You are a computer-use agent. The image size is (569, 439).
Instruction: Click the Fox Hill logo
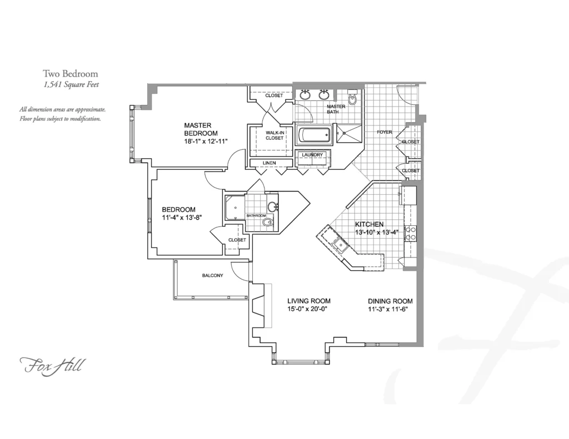tap(51, 365)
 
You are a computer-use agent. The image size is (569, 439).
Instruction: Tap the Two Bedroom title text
tap(71, 74)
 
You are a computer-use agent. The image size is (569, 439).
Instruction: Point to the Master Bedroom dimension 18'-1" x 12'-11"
tap(206, 142)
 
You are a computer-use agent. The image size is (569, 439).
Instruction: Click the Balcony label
tap(213, 275)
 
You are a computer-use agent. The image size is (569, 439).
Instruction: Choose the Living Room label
tap(309, 301)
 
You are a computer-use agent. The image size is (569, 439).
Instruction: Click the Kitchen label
tap(369, 224)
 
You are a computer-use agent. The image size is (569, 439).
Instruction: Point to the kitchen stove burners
tap(411, 233)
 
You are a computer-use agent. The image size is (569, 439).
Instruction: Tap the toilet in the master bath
tap(352, 97)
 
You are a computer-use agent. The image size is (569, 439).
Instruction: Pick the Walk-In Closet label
tap(274, 135)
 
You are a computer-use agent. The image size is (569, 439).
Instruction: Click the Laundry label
tap(312, 155)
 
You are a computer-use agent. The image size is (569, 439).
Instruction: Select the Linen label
tap(269, 163)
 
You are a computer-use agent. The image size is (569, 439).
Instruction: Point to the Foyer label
tap(385, 132)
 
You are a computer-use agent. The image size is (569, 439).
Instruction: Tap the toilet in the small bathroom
tap(268, 221)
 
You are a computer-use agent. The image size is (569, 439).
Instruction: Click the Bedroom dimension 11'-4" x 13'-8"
tap(182, 218)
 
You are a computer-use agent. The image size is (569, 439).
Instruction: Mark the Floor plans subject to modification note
tap(60, 119)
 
